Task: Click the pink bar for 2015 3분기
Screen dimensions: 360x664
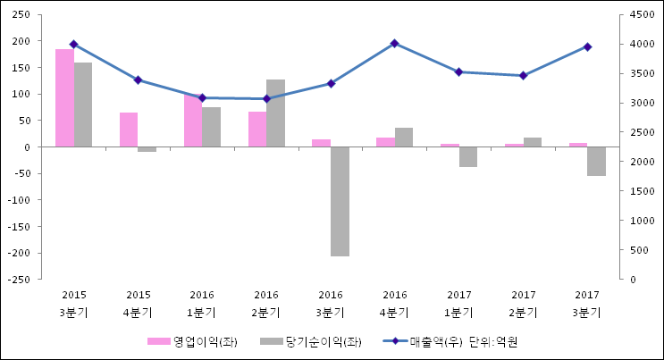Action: point(64,98)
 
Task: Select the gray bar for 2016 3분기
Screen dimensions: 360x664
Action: point(340,201)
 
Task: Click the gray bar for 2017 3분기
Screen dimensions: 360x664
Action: point(596,161)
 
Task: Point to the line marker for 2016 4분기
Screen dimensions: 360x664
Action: point(394,43)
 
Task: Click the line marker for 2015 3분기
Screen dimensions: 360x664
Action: point(73,44)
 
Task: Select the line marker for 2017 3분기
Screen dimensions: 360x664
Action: point(587,46)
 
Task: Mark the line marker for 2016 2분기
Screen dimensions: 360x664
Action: point(266,98)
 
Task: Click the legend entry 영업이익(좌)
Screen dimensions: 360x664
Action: point(205,341)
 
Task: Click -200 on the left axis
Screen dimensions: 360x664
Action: point(21,253)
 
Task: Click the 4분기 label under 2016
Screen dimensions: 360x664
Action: point(394,313)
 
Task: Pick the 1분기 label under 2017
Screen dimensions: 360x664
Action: point(458,313)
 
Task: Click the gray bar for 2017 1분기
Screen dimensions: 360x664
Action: point(467,156)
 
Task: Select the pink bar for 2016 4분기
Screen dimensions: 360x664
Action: point(385,142)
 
